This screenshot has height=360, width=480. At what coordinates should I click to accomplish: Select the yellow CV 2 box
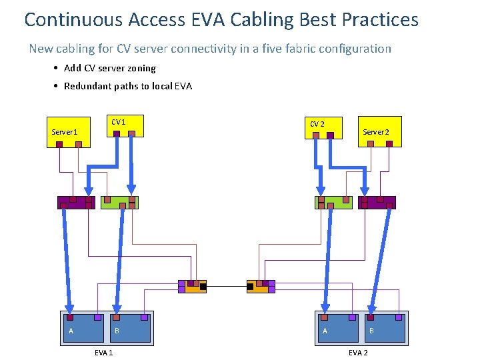(323, 127)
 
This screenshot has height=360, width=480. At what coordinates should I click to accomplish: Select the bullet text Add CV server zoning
(109, 68)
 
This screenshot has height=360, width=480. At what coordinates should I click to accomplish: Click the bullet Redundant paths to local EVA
(127, 86)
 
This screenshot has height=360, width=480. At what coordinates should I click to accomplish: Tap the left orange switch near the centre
(192, 287)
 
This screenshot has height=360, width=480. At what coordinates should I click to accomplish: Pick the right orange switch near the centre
(261, 287)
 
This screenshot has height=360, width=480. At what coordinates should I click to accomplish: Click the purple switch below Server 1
(76, 202)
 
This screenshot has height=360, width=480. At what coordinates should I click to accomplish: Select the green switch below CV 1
(119, 202)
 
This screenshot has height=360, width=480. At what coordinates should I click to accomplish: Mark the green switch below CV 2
(333, 202)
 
